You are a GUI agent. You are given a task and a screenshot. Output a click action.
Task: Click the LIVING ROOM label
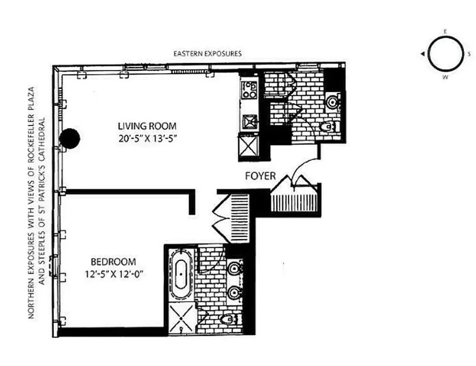point(147,126)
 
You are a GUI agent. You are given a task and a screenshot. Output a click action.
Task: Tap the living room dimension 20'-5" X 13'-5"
point(147,138)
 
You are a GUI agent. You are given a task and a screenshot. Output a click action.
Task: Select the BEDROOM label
point(113,262)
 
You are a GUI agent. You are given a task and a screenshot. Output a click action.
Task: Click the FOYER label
point(260,176)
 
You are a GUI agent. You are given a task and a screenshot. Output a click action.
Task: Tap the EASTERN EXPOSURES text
point(207,54)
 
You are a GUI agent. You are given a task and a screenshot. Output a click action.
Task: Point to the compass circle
point(444,54)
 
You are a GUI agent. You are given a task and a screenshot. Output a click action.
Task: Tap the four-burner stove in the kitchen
point(249,90)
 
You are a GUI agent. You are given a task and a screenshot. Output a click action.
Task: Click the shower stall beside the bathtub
point(181,318)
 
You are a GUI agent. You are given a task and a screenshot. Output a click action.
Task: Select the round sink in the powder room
point(332,102)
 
